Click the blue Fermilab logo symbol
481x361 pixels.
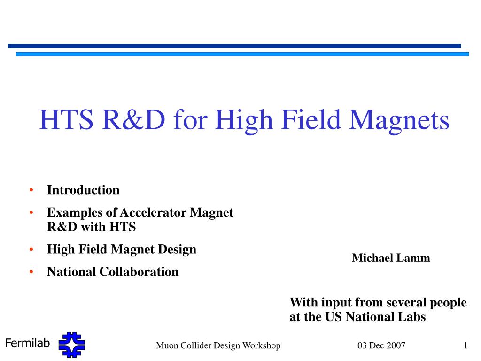pos(72,345)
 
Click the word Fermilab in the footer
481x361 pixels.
pos(27,343)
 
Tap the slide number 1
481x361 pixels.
pos(465,345)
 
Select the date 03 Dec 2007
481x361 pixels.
pos(381,345)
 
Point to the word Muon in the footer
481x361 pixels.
pos(167,345)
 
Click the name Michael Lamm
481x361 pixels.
pos(391,258)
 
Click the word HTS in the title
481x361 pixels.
pos(66,119)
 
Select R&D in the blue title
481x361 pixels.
pos(134,119)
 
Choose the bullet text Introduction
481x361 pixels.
pos(83,190)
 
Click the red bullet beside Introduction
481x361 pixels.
pos(31,190)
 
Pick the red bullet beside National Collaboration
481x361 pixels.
pos(31,272)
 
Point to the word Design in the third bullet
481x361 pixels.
pos(177,250)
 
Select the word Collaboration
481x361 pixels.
pos(139,272)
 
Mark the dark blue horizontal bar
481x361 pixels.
pos(234,46)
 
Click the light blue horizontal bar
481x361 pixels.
pos(242,54)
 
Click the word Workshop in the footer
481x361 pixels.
pos(261,345)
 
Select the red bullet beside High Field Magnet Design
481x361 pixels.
pos(31,249)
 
